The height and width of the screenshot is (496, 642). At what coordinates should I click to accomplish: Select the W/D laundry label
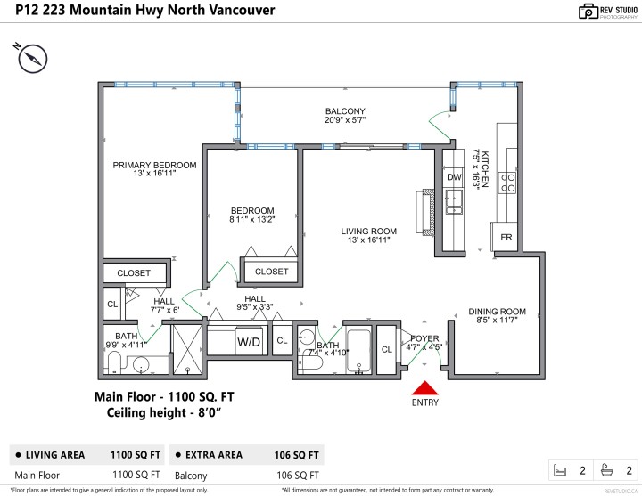pyautogui.click(x=249, y=341)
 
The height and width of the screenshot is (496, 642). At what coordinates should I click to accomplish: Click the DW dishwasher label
pyautogui.click(x=454, y=177)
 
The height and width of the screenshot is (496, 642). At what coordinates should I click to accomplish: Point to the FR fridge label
pyautogui.click(x=506, y=238)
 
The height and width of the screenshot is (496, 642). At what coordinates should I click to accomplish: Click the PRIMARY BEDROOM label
pyautogui.click(x=154, y=165)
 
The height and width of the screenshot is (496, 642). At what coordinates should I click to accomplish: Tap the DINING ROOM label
pyautogui.click(x=498, y=312)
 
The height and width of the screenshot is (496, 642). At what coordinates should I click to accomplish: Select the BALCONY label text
pyautogui.click(x=345, y=111)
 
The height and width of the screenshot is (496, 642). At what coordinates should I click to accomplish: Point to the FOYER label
pyautogui.click(x=424, y=338)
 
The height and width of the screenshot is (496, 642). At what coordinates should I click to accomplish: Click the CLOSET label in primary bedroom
pyautogui.click(x=134, y=272)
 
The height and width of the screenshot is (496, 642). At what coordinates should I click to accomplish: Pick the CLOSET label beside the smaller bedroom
pyautogui.click(x=271, y=272)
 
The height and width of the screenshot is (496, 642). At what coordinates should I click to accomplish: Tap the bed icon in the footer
pyautogui.click(x=561, y=469)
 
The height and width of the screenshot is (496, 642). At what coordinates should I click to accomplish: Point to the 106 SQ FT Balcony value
pyautogui.click(x=298, y=476)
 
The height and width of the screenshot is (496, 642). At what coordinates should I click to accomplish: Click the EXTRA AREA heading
pyautogui.click(x=210, y=455)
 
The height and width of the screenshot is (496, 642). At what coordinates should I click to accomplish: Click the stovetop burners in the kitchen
pyautogui.click(x=509, y=183)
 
